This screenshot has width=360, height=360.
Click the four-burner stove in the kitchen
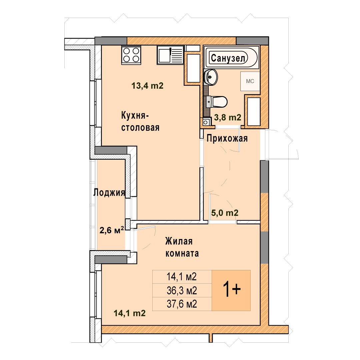coord(131,55)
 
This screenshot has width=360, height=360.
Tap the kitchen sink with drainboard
coord(170,55)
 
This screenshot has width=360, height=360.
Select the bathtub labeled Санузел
coord(231,57)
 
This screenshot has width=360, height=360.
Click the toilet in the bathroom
coord(217,101)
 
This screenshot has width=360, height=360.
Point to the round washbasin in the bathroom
coord(210,77)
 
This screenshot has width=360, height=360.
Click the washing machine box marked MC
coord(250,81)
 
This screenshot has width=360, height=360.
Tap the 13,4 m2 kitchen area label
coord(147,86)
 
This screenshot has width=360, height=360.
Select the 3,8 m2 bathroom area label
coord(228,118)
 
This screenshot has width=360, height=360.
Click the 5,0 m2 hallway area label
coord(225,213)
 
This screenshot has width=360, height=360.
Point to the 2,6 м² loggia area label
coord(112,230)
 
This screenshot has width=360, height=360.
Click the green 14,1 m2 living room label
coord(130,313)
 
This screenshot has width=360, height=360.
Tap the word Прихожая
coord(227,138)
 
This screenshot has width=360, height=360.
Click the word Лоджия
coord(109,192)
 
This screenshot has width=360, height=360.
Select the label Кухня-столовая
coord(140,121)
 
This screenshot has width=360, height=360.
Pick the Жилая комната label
coord(182,247)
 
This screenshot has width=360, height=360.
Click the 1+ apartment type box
coord(231,290)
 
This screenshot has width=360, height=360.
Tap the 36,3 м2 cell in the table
coord(182,291)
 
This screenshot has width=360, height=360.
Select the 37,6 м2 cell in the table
coord(182,304)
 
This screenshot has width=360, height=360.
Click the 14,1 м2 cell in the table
coord(182,277)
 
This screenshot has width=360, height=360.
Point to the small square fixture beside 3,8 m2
coord(206,122)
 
